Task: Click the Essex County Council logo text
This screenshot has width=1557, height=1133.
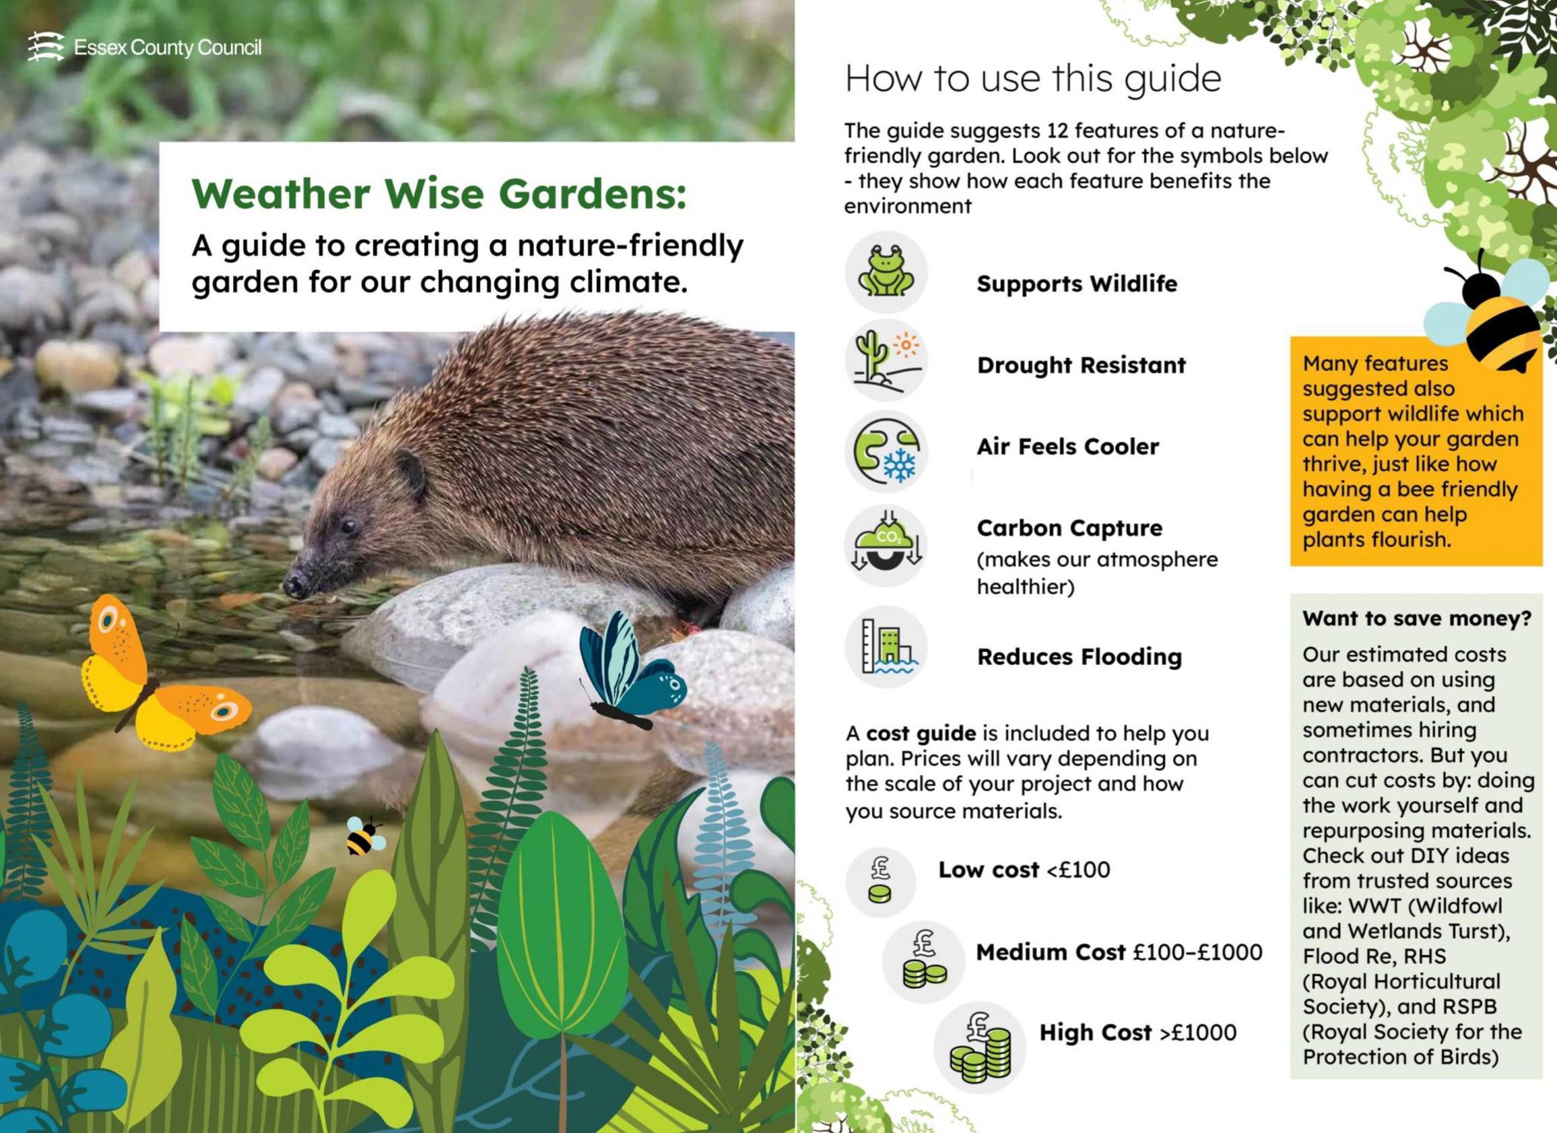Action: pos(168,48)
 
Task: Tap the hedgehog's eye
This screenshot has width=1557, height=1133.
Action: pos(350,526)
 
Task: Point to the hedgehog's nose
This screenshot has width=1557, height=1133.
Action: pos(294,585)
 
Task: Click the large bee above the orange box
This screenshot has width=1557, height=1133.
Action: pos(1490,309)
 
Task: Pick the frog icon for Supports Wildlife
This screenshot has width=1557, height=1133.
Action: pos(886,273)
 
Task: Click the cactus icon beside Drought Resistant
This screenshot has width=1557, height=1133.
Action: pos(886,360)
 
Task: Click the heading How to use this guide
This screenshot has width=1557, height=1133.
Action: pos(1033,79)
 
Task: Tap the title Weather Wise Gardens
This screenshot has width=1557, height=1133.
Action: pos(439,194)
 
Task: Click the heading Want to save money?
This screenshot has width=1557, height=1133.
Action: pos(1417,618)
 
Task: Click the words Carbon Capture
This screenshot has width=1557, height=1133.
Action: pos(1069,528)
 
